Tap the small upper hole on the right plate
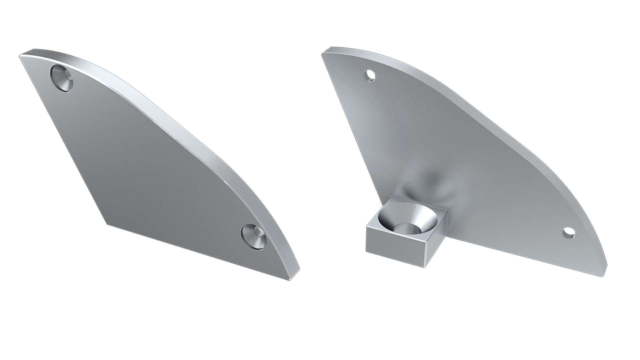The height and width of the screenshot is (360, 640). click(x=370, y=75)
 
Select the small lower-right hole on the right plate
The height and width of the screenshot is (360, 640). click(x=569, y=232)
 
